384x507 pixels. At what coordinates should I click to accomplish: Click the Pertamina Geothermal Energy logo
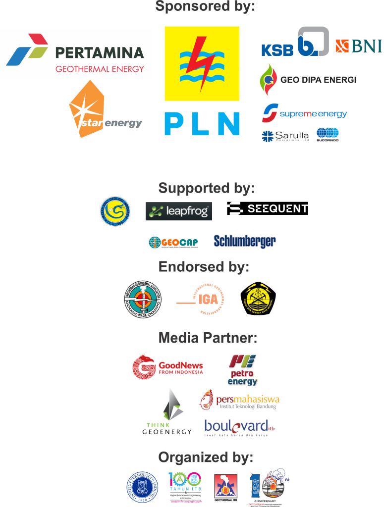click(76, 54)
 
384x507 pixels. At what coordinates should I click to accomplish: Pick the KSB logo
click(295, 42)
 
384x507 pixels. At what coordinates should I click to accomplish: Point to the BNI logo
click(358, 46)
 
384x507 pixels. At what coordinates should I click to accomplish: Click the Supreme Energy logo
click(305, 113)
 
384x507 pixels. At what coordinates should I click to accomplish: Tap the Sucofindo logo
click(328, 135)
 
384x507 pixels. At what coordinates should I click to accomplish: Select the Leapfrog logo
click(179, 211)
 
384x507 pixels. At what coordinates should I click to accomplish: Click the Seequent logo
click(268, 208)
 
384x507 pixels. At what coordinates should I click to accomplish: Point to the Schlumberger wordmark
click(245, 241)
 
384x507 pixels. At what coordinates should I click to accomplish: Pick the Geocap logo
click(173, 242)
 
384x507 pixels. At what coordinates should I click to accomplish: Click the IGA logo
click(201, 299)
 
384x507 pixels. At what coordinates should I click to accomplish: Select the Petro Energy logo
click(241, 368)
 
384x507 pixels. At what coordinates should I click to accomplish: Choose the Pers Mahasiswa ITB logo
click(237, 400)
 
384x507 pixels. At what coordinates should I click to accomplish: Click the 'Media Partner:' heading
click(208, 338)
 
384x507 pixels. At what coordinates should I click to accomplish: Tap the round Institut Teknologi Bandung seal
click(142, 486)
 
